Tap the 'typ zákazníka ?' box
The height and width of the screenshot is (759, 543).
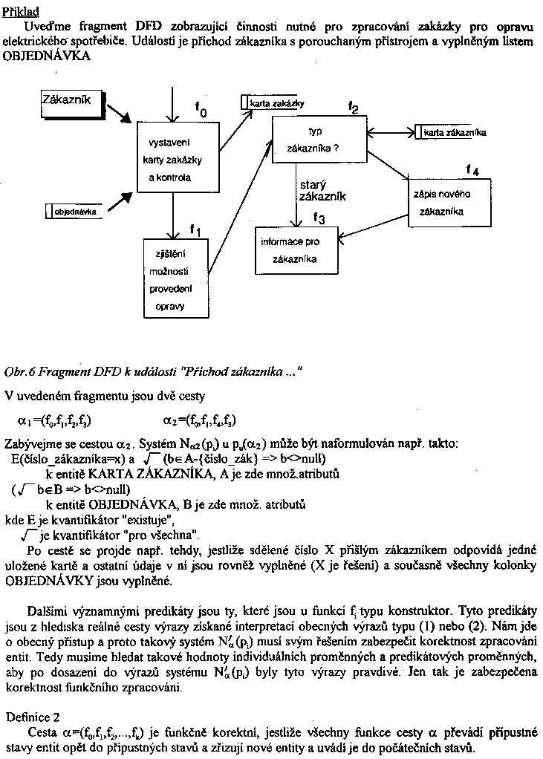point(319,140)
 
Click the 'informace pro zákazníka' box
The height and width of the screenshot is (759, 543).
point(295,250)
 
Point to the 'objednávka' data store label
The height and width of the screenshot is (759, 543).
point(75,212)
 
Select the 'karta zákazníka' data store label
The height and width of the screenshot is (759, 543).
point(455,133)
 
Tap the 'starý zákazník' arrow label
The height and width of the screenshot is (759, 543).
point(322,191)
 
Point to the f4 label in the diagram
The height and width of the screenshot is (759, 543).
point(472,170)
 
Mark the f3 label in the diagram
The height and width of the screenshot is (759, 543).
point(319,218)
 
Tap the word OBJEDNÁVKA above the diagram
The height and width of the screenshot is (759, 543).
point(47,56)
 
